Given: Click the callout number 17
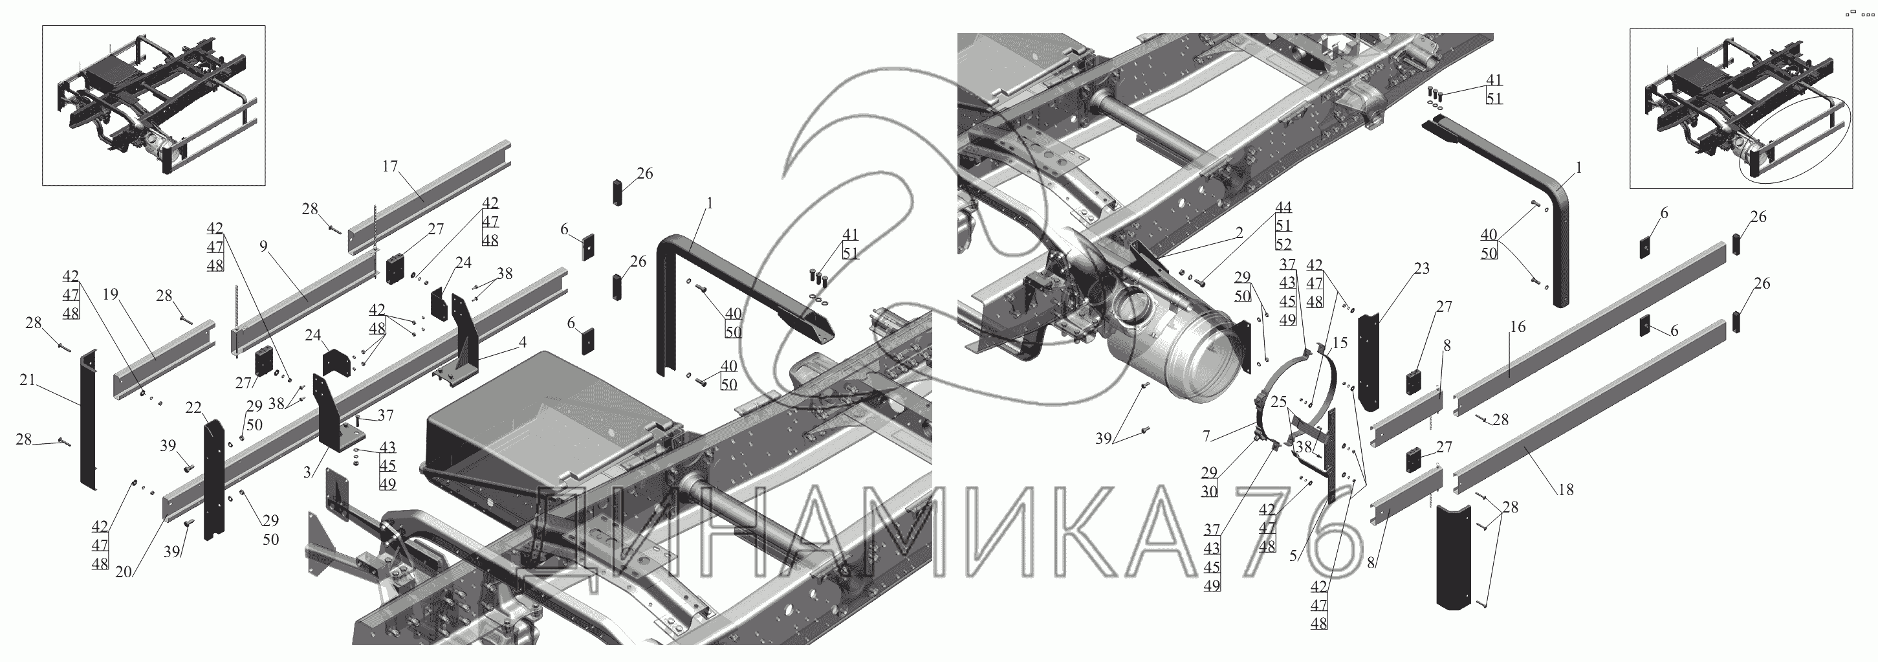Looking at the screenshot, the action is [389, 167].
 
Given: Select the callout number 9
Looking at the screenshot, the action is [264, 246].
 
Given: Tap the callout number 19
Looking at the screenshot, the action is [110, 294].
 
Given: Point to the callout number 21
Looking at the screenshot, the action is [27, 380].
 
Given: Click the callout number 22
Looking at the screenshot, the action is [193, 408].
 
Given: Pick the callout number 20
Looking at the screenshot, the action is [123, 572].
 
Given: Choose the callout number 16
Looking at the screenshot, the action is [1517, 327].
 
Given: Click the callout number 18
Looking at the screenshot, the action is [1566, 490].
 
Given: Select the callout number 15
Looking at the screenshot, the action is [1339, 343].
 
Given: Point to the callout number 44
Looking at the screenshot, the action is [1282, 208].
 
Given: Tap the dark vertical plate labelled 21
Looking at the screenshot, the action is [88, 419].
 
